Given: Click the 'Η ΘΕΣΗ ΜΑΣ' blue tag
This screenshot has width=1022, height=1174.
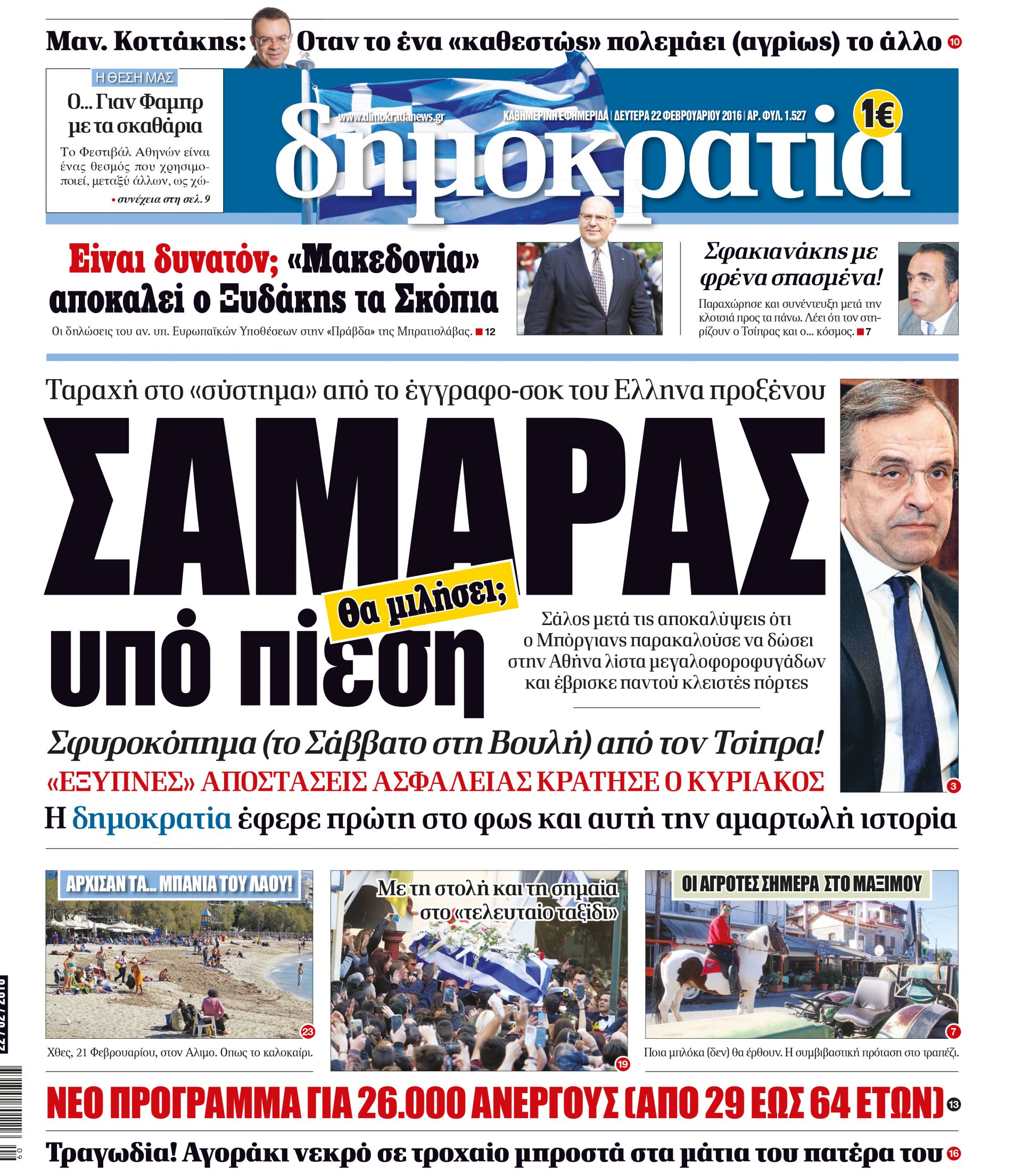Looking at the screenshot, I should click(x=134, y=78).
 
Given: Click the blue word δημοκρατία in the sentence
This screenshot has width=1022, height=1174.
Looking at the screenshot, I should click(x=152, y=819).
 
